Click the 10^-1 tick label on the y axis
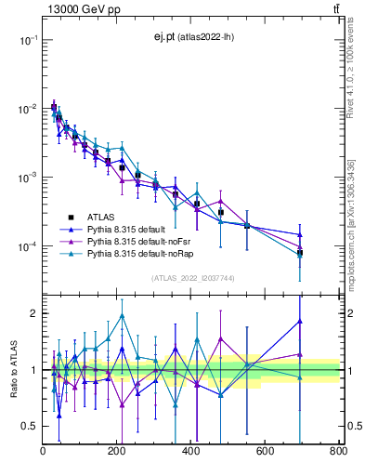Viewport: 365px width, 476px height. pos(26,40)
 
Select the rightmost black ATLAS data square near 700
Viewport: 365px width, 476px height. pos(300,252)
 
